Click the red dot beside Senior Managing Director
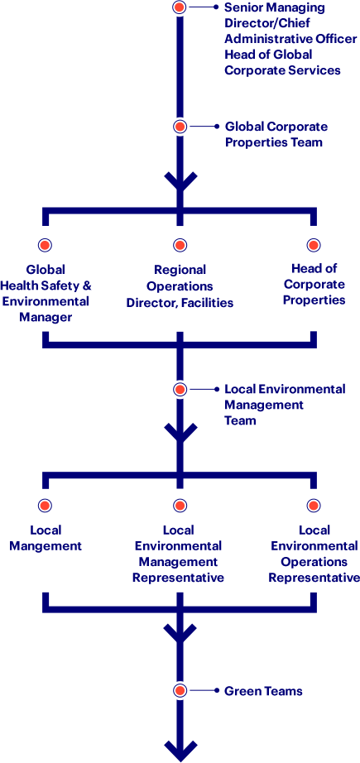[x=180, y=7]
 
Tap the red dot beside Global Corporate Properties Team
[x=180, y=127]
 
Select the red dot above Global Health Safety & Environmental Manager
[x=46, y=245]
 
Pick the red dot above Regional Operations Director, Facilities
[x=180, y=245]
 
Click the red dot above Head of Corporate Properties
[x=314, y=245]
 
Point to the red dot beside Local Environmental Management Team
[x=180, y=389]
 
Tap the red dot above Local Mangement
[x=46, y=506]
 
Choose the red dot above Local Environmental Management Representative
[x=180, y=506]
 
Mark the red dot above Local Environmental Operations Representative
[x=314, y=506]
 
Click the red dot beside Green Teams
[x=180, y=690]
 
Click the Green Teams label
[x=263, y=691]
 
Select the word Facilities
[x=209, y=303]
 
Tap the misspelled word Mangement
[x=46, y=546]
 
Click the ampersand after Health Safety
[x=87, y=286]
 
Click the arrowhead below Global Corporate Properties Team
[x=180, y=182]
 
